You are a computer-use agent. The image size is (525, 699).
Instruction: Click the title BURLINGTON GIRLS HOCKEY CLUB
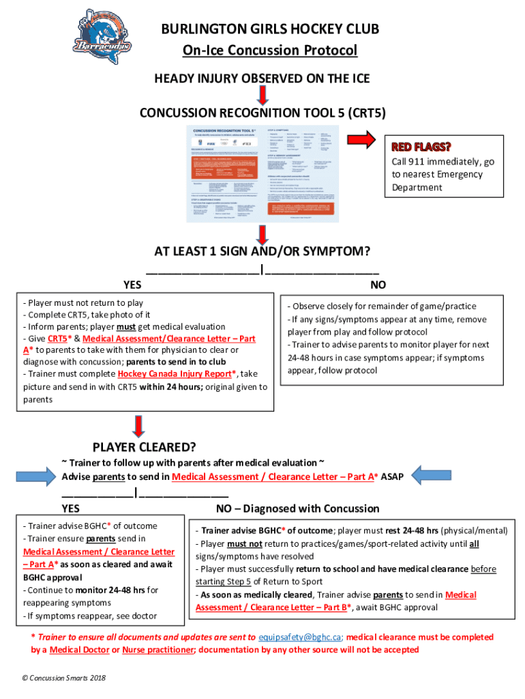[270, 30]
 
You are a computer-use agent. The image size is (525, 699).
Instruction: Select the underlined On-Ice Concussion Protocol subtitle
[270, 51]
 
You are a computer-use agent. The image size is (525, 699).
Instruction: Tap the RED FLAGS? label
[421, 147]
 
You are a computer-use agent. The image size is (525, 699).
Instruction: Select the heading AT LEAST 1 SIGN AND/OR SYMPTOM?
[262, 252]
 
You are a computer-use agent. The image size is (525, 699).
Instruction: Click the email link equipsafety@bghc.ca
[299, 637]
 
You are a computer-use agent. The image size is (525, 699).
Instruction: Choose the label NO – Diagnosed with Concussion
[297, 509]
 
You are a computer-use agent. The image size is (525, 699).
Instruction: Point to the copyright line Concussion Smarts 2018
[65, 678]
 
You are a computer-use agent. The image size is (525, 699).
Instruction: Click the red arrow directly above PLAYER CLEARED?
[138, 427]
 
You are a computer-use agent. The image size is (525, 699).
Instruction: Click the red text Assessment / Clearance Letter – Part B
[273, 608]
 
